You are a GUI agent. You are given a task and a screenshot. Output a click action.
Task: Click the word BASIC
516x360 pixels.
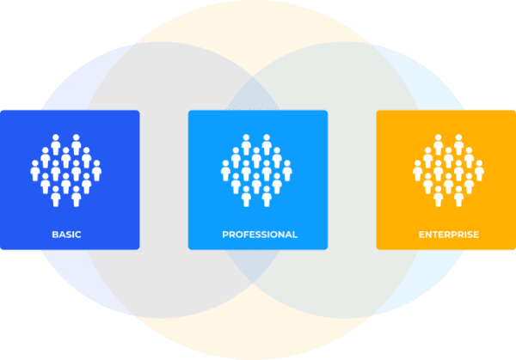click(66, 234)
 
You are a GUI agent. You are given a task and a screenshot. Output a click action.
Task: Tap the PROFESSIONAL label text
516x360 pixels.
click(259, 234)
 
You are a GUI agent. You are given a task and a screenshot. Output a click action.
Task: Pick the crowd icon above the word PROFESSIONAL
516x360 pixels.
click(258, 170)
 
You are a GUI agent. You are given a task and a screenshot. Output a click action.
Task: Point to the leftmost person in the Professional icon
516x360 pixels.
click(225, 172)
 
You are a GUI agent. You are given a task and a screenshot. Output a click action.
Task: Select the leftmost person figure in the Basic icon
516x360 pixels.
click(35, 172)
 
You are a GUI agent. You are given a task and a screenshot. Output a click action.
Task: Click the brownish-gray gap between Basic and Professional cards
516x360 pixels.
click(163, 180)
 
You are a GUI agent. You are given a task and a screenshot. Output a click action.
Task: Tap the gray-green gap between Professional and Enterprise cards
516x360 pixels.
click(352, 180)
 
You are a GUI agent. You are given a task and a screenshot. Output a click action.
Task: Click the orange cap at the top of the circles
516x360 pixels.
click(258, 21)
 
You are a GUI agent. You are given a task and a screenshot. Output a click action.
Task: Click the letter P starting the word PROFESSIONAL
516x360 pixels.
click(225, 234)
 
